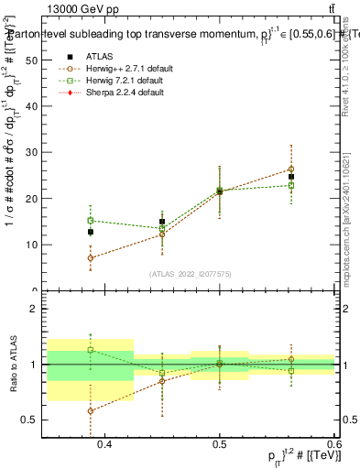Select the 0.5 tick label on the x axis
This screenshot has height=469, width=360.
pos(219,445)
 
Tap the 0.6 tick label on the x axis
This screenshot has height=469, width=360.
pos(333,445)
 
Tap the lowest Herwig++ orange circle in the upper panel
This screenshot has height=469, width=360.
pos(91,258)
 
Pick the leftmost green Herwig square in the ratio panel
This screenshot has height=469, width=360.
pos(91,350)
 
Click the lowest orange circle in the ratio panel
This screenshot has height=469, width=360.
pos(91,410)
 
